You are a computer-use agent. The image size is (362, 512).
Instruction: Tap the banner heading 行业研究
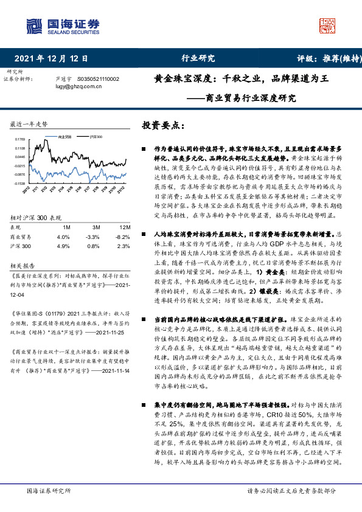[198, 59]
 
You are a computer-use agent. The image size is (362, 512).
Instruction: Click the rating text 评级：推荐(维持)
[321, 59]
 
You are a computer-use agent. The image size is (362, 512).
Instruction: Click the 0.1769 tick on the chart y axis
[20, 139]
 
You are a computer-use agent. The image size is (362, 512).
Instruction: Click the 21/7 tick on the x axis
[88, 190]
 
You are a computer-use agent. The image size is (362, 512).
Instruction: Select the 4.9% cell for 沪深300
[63, 246]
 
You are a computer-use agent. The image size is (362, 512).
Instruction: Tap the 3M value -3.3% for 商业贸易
[92, 237]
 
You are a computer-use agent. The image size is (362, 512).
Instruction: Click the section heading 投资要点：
[163, 125]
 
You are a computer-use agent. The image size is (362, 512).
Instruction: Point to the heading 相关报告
[23, 265]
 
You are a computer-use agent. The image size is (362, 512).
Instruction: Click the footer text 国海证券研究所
[49, 491]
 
